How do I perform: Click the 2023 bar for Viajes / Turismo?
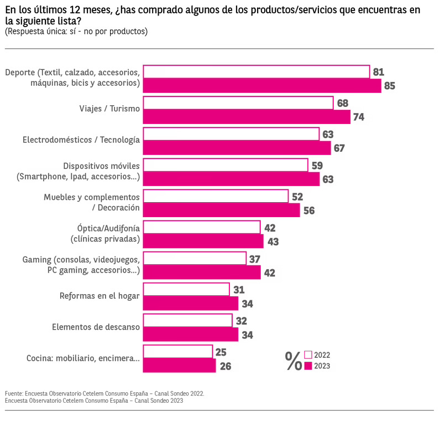click(x=247, y=117)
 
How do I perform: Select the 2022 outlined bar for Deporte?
click(x=257, y=72)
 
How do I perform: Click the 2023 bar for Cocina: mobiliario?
click(x=179, y=366)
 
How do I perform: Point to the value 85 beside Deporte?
click(x=390, y=86)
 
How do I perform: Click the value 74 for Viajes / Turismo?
click(x=359, y=117)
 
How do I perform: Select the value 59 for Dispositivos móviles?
click(x=317, y=165)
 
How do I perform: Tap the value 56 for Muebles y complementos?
click(x=309, y=211)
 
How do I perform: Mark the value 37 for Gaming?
click(x=254, y=259)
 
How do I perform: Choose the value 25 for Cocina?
click(x=221, y=352)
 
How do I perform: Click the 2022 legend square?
click(x=309, y=355)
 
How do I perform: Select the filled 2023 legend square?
click(x=309, y=366)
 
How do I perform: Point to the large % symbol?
click(x=293, y=361)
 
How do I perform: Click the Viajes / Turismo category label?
click(x=109, y=109)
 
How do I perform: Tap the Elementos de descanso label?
click(x=96, y=327)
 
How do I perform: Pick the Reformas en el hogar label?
click(x=100, y=295)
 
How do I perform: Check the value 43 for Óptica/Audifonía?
click(x=273, y=242)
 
